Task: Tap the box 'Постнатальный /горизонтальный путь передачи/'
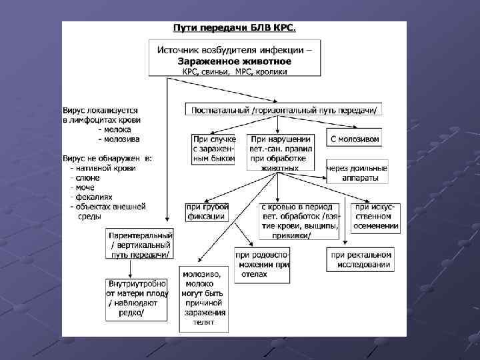[x=284, y=110]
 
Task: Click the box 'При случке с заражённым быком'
[x=214, y=148]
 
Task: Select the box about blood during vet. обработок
[x=300, y=220]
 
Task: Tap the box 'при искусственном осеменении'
[x=377, y=217]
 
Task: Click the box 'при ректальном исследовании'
[x=360, y=259]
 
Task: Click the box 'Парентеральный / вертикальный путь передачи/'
[x=141, y=244]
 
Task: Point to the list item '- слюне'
[x=85, y=178]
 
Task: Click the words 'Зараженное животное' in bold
[x=235, y=61]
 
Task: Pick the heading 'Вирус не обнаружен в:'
[x=107, y=158]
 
